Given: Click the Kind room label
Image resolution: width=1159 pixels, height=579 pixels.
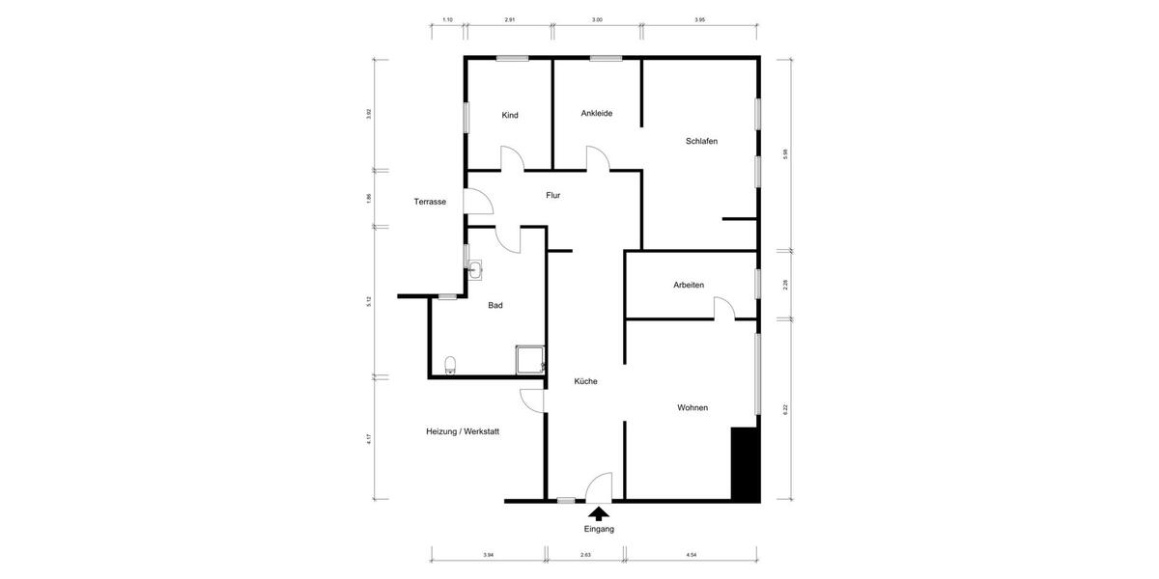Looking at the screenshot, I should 510,116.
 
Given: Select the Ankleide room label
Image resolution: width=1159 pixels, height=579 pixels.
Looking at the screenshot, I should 597,113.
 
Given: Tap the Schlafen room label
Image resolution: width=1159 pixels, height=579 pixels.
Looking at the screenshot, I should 701,141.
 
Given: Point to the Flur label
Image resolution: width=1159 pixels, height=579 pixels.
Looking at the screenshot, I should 552,195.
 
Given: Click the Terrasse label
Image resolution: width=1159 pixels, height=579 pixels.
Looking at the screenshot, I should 430,202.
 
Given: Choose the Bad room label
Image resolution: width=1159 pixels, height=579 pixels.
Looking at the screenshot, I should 495,305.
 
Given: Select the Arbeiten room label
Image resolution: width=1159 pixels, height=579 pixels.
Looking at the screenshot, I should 689,285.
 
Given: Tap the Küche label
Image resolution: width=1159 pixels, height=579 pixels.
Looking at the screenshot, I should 585,381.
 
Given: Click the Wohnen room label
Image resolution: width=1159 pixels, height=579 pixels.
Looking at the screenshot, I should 693,407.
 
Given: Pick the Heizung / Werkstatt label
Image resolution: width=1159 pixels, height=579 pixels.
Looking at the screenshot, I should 463,431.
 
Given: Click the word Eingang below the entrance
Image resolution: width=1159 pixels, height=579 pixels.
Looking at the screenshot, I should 599,529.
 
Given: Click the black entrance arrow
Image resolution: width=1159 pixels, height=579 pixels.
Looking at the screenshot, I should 599,513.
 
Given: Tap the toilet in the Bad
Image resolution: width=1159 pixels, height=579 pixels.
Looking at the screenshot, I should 450,365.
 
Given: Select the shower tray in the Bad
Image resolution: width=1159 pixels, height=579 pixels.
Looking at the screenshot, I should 529,359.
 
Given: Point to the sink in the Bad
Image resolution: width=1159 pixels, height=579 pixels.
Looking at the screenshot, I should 475,269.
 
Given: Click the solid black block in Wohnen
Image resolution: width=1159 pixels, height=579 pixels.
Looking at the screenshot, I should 744,463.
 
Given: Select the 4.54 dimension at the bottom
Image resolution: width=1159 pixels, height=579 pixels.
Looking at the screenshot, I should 692,555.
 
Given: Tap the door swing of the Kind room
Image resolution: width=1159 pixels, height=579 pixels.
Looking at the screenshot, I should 512,158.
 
